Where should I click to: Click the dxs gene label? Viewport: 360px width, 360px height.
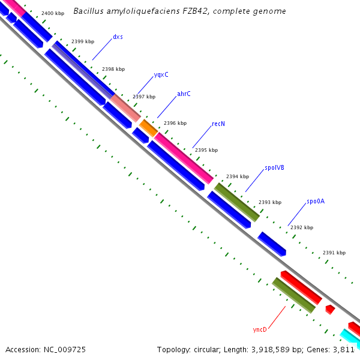tap(118, 37)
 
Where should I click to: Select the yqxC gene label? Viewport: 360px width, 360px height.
tap(161, 74)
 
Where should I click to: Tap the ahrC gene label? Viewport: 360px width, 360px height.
tap(184, 94)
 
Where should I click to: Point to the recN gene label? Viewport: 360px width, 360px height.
tap(218, 124)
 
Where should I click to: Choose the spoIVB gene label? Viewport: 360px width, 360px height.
tap(274, 168)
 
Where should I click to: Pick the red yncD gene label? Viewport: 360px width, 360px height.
tap(260, 329)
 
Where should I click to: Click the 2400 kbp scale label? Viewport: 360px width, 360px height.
tap(53, 13)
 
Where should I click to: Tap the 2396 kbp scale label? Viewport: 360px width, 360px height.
tap(175, 123)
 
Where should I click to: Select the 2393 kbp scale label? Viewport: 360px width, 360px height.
tap(270, 202)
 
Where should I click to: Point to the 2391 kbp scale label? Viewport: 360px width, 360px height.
tap(334, 253)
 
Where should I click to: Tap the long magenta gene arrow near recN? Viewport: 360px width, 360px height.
tap(184, 158)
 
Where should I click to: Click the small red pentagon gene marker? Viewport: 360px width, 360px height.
tap(329, 309)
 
